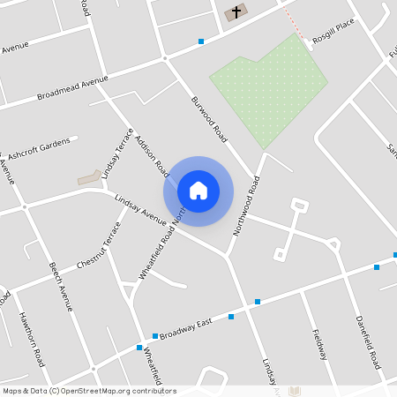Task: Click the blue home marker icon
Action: click(x=198, y=191)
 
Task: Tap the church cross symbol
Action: click(x=236, y=12)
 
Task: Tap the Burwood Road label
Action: click(x=209, y=120)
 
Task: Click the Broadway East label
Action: click(x=186, y=327)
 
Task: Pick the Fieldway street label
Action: click(x=319, y=345)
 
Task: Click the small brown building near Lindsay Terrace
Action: click(x=89, y=177)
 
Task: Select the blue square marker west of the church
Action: click(x=201, y=41)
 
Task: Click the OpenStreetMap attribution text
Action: click(x=89, y=391)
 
